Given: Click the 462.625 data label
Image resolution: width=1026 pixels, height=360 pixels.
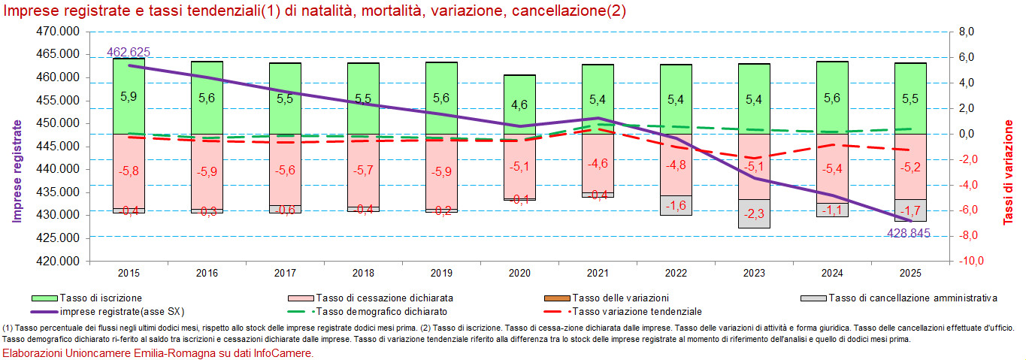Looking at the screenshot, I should click(x=129, y=53).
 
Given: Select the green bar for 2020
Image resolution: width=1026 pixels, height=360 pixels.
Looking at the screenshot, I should click(x=519, y=104).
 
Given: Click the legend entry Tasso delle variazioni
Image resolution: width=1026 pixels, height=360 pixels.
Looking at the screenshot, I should click(x=620, y=298).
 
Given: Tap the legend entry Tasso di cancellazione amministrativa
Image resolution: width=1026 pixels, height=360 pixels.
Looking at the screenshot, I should click(x=913, y=298).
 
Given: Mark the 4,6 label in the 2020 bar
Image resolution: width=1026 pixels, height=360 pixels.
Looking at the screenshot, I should click(x=519, y=105).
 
